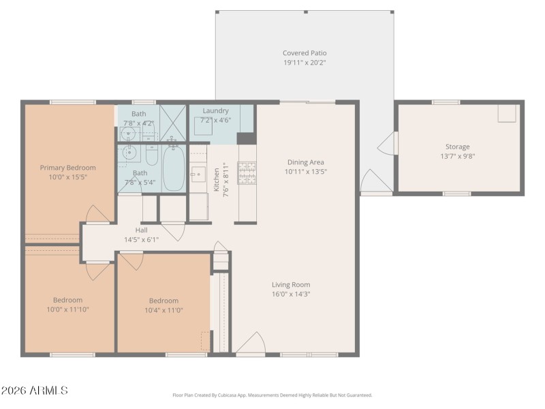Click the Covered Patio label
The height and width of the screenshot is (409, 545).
(305, 53)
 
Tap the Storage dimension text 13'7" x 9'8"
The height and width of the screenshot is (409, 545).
(457, 156)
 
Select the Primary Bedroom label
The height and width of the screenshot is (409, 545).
(67, 168)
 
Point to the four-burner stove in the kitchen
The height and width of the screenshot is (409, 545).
(247, 173)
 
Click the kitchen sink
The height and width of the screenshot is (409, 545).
(198, 175)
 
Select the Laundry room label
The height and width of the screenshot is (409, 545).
(215, 110)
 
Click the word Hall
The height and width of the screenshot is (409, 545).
(141, 230)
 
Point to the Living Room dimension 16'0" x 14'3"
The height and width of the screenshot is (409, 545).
(291, 294)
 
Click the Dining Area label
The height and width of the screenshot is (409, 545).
(305, 162)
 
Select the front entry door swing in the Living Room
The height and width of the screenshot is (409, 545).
(251, 343)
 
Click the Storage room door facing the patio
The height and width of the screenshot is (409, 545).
(386, 143)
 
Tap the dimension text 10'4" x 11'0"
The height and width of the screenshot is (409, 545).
(163, 310)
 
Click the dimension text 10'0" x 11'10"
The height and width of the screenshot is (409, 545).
(67, 309)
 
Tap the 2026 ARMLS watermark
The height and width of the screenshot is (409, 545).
(34, 391)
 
